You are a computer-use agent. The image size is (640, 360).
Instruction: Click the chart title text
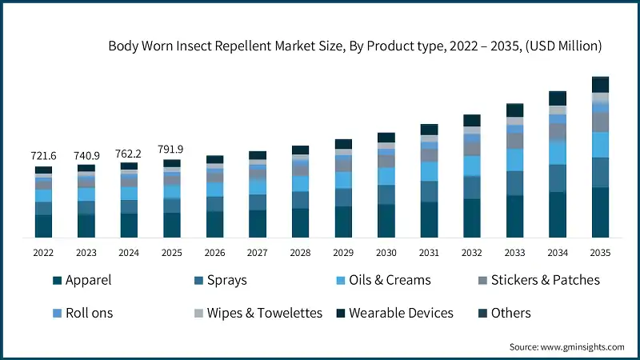click(x=354, y=46)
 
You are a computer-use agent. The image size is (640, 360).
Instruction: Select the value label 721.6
click(x=43, y=155)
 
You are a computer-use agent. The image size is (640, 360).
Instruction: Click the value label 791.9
click(x=171, y=149)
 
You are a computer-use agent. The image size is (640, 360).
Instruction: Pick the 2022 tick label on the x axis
click(x=43, y=253)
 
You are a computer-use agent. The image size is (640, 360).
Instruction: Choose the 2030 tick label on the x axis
click(x=386, y=253)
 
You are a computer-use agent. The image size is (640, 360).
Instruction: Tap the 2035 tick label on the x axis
click(x=600, y=253)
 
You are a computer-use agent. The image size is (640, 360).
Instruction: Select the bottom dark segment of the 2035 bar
click(x=600, y=212)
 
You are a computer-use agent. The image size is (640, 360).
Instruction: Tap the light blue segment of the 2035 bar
click(x=600, y=144)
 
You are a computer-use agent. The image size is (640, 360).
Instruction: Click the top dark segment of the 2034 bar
click(x=558, y=98)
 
